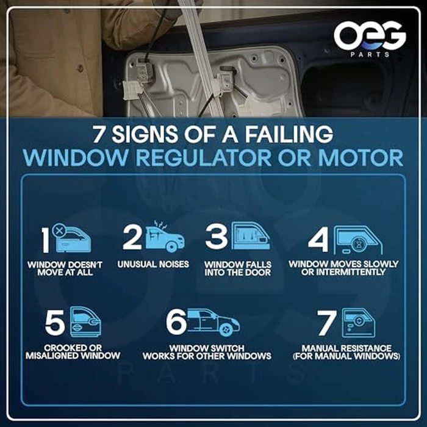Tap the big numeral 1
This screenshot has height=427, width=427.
tap(46, 240)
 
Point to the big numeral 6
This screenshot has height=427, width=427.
tap(176, 322)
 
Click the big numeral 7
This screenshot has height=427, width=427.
tap(327, 323)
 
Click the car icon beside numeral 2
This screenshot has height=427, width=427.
tap(165, 237)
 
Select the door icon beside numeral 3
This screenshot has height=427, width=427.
tap(251, 236)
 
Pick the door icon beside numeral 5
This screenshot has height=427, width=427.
tap(85, 322)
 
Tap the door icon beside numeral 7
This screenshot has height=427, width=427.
tap(359, 323)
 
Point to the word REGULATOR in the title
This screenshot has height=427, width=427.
tap(203, 157)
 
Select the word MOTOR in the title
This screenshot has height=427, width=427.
tap(361, 157)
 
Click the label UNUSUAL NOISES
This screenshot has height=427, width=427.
tap(153, 264)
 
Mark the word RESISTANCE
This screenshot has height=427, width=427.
tap(365, 348)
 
